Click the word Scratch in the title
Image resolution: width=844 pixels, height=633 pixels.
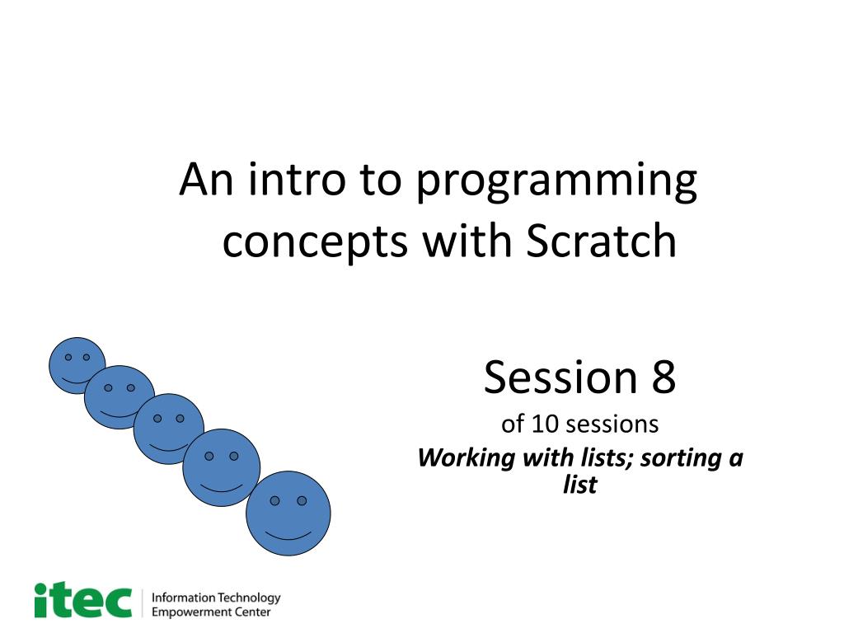click(x=601, y=240)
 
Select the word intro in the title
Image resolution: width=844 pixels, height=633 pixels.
click(x=297, y=179)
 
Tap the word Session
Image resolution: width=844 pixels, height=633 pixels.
click(x=560, y=377)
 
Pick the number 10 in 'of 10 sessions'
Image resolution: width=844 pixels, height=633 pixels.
click(x=545, y=424)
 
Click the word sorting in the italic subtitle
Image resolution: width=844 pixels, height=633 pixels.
click(x=680, y=459)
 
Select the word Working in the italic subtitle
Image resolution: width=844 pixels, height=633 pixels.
click(x=467, y=459)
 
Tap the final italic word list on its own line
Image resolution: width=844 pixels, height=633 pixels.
click(x=580, y=484)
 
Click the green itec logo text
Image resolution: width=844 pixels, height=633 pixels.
click(x=83, y=600)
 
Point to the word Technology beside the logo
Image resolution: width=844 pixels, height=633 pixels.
click(x=249, y=598)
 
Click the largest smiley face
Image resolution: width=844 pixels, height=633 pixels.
click(x=288, y=513)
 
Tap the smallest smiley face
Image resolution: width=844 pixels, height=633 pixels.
click(x=77, y=365)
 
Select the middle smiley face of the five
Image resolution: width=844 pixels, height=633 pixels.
click(x=168, y=429)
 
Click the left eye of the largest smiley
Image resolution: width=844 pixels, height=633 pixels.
click(x=274, y=500)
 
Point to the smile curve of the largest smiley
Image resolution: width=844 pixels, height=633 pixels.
click(x=288, y=536)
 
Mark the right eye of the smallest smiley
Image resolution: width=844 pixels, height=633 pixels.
click(x=86, y=357)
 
